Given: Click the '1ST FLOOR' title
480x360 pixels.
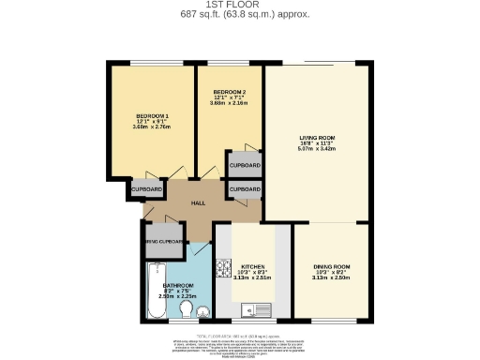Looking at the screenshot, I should tap(239, 5).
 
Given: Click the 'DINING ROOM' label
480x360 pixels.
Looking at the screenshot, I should tap(333, 267).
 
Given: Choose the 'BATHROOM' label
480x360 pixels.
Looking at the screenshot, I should tap(177, 284).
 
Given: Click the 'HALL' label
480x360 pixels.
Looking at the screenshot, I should tap(198, 202).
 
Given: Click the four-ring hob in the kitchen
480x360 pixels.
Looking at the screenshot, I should tap(224, 270).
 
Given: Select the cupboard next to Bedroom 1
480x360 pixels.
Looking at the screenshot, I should tap(145, 188).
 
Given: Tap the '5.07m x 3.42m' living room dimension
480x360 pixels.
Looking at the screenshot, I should tap(317, 148).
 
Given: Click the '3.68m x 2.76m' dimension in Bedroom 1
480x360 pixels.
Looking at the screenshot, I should tap(151, 127).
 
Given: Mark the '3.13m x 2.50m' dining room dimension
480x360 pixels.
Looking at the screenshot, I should tap(333, 278).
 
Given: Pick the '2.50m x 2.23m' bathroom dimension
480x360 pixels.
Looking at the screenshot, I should tap(177, 296).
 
